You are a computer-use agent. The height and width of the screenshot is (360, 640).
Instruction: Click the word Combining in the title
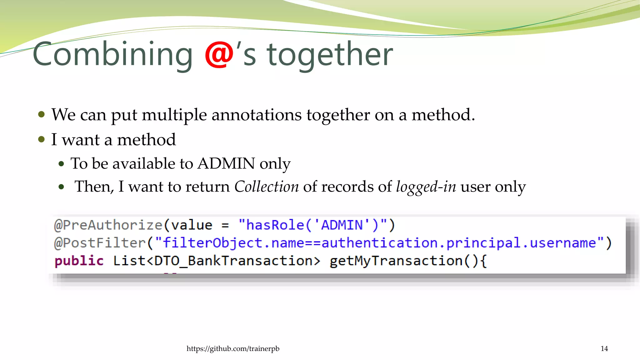tap(112, 55)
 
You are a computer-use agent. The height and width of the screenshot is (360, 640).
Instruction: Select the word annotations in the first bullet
tap(256, 115)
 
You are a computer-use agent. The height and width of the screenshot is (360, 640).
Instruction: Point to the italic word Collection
tap(267, 187)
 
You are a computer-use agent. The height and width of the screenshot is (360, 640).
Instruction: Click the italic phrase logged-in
tap(426, 187)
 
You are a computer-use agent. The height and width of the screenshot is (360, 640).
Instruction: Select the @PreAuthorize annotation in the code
tap(108, 225)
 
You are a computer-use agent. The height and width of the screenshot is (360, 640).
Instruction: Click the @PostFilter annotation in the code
tap(100, 243)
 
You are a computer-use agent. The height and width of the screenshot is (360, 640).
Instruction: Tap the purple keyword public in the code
tap(79, 261)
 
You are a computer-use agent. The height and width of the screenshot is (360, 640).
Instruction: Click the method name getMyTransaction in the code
tap(396, 261)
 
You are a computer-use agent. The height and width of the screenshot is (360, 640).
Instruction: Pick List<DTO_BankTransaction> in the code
tap(216, 261)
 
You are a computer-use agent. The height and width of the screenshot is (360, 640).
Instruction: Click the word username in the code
tap(563, 243)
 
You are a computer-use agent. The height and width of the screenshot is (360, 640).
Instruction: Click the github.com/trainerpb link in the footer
tap(233, 348)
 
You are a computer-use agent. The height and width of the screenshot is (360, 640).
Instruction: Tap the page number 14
tap(604, 348)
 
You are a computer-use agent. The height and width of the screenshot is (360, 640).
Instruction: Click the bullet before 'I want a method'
tap(42, 139)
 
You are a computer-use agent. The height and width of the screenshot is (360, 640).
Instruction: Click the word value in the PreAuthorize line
tap(192, 225)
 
